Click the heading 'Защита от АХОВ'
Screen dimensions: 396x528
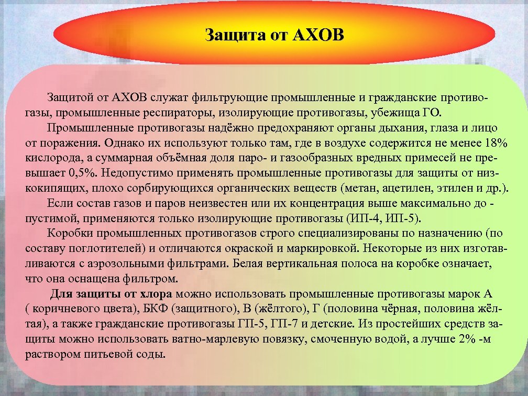point(275,36)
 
